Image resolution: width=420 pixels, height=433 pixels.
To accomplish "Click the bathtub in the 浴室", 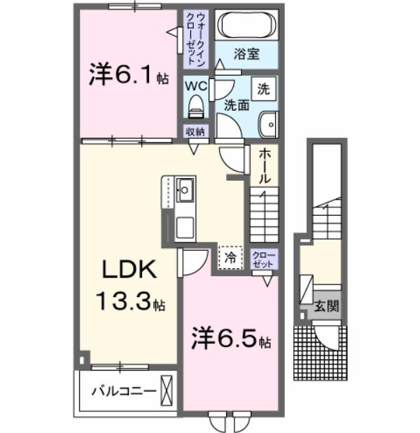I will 248,27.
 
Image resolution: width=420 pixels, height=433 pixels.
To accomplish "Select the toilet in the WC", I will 196,106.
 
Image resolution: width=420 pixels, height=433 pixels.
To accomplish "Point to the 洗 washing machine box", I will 264,89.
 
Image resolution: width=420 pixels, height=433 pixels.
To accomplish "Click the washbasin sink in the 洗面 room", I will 267,125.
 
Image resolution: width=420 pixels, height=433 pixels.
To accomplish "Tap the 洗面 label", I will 236,106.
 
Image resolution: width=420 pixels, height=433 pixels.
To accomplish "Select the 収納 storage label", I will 195,132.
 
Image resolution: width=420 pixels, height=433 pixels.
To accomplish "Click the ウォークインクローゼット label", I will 191,39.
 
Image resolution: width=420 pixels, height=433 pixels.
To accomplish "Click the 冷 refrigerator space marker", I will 230,257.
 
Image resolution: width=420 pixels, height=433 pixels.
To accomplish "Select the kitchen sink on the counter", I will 185,188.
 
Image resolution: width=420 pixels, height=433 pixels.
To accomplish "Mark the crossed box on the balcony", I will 166,389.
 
